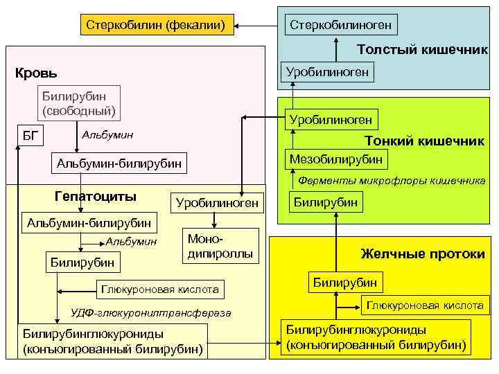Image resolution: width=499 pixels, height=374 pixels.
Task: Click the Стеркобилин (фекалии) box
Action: tap(156, 26)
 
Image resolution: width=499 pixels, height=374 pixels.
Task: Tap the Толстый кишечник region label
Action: tap(421, 50)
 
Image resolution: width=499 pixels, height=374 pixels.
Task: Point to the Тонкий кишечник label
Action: tap(424, 141)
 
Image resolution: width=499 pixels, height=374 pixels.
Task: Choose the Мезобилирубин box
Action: tap(335, 159)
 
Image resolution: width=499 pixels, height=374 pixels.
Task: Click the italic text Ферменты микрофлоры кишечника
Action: tap(391, 181)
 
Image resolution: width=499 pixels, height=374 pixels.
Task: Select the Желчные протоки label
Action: tap(423, 254)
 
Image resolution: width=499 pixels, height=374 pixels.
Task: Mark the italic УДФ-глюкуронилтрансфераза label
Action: tap(150, 313)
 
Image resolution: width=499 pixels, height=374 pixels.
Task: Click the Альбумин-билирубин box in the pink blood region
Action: tap(119, 163)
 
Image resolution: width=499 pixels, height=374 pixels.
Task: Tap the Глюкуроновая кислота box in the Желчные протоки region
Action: tap(424, 305)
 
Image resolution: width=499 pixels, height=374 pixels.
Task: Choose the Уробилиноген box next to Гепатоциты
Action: tap(216, 202)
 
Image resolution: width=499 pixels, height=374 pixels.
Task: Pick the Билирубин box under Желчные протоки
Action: tap(344, 282)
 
